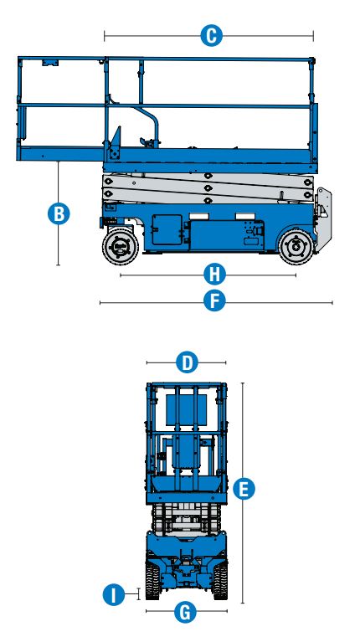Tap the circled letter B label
[58, 213]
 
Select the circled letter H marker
[215, 274]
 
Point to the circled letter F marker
[215, 301]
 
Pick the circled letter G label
[186, 612]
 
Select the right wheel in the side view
[294, 247]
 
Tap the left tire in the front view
[152, 580]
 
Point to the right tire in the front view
[220, 580]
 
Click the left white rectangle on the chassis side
[200, 217]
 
